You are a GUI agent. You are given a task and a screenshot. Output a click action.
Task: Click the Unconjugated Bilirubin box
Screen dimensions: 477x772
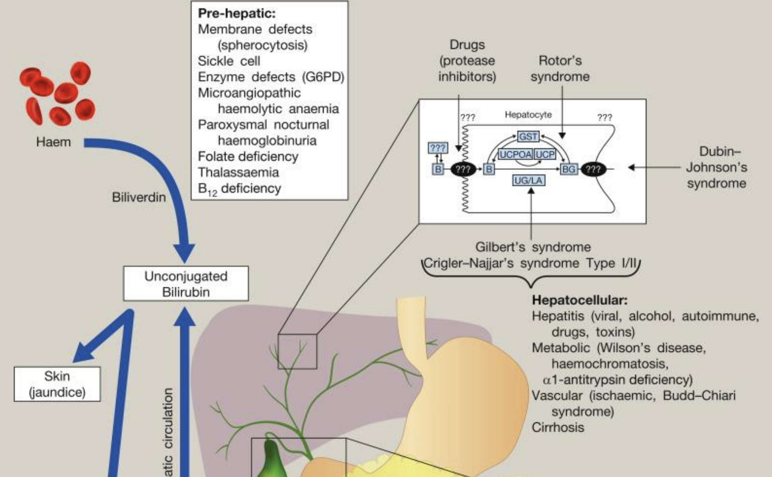(x=186, y=284)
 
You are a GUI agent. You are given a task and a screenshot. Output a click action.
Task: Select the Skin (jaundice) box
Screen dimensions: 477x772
(x=57, y=384)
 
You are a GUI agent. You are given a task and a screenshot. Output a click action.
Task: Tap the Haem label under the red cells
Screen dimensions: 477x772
(x=53, y=142)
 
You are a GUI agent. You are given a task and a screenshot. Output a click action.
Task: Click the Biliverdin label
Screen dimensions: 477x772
(x=138, y=197)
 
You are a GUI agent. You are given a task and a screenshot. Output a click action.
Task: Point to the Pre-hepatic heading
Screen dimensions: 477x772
(x=237, y=13)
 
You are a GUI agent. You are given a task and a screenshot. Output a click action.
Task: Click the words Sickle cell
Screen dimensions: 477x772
(x=229, y=61)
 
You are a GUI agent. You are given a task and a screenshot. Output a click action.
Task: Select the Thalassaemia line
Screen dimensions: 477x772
(x=238, y=172)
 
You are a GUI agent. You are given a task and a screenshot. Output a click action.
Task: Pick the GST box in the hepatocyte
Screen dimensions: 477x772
(x=528, y=136)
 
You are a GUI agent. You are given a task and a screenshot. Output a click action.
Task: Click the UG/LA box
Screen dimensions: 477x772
(x=528, y=180)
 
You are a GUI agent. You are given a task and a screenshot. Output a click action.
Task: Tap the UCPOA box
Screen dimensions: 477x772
(x=515, y=155)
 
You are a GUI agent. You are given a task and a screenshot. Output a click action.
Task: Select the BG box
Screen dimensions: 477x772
(x=568, y=169)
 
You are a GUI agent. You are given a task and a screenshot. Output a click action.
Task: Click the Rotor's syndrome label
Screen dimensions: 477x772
(x=560, y=68)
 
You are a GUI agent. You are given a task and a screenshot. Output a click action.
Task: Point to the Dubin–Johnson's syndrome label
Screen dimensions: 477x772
(x=716, y=167)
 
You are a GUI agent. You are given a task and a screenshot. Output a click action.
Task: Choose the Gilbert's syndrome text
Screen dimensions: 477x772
(x=533, y=247)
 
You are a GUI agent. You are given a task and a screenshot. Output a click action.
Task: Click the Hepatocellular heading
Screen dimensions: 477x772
(x=579, y=300)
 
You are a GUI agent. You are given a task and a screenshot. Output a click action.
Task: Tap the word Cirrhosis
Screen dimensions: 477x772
(x=557, y=427)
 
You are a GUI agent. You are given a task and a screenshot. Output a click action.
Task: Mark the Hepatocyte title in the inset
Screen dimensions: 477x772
(x=528, y=115)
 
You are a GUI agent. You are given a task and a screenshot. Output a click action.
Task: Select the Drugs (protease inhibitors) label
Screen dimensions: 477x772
(x=467, y=61)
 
